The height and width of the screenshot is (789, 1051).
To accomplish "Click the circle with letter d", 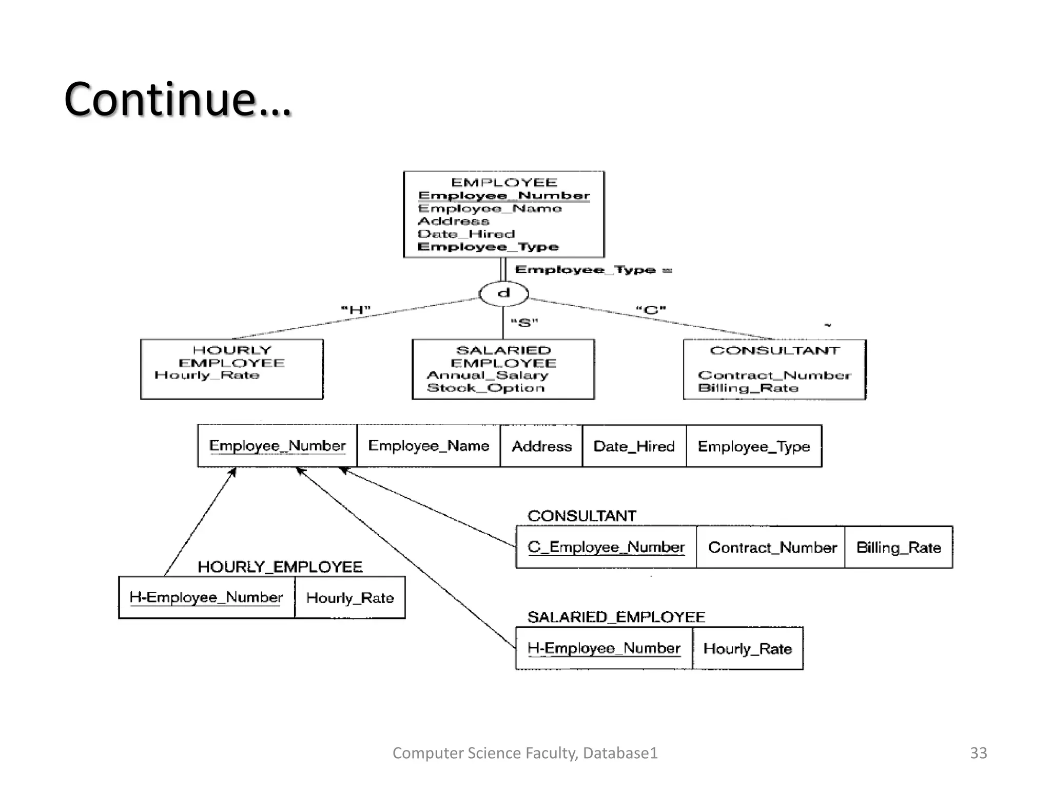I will point(503,294).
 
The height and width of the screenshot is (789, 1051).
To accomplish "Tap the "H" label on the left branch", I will point(356,310).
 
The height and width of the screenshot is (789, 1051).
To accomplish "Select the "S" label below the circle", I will point(524,323).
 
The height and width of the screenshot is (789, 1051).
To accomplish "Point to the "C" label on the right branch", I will point(651,310).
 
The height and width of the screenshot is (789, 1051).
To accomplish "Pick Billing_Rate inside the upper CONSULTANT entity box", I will point(748,388).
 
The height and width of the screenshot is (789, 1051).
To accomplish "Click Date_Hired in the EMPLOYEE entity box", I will point(466,234).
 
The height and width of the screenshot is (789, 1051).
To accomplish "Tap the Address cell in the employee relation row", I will point(541,446).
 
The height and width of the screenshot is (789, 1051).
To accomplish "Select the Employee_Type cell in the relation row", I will point(753,446).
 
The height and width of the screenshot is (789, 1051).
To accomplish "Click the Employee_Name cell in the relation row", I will point(429,445).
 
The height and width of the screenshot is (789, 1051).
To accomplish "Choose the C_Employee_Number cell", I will point(606,547).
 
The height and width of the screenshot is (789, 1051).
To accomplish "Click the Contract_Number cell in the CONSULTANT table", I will point(772,548).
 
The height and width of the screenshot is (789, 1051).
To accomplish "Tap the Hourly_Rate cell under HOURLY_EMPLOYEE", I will point(349,598).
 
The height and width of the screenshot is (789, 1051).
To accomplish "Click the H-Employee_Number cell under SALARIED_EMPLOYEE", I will point(604,648).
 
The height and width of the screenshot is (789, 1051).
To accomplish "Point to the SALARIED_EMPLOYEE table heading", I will point(616,617).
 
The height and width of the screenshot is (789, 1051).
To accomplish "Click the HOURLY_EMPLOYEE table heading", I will point(280,567).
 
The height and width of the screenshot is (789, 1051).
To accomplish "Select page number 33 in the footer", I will point(978,753).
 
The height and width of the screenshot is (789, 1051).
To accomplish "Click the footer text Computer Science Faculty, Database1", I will point(524,753).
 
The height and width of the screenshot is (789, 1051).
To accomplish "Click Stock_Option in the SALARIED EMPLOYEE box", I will point(485,388).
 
